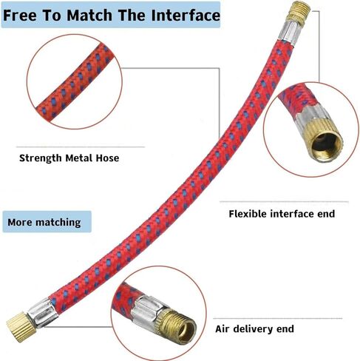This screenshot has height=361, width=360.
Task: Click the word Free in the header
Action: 20,16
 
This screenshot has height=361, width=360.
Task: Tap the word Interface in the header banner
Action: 186,16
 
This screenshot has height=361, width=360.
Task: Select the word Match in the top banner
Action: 89,16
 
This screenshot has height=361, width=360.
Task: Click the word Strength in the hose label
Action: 41,158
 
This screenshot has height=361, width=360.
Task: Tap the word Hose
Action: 107,158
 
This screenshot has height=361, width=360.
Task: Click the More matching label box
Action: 47,222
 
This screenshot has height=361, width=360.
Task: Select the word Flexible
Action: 248,214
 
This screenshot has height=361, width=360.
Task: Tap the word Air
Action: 223,329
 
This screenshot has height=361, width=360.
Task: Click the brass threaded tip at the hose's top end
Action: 299,13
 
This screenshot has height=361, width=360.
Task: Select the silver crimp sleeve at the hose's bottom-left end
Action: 43,312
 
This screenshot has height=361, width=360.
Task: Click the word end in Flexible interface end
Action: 326,214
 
